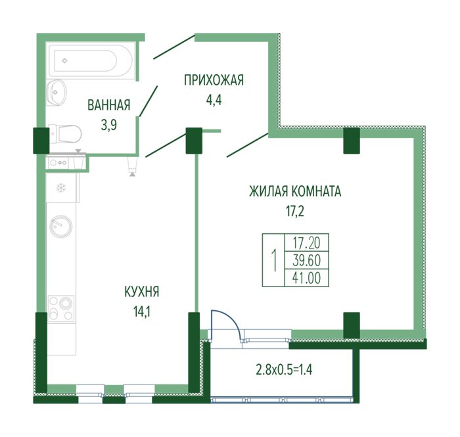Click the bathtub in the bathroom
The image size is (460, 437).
[x=91, y=60]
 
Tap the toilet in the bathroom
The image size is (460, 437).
[x=65, y=134]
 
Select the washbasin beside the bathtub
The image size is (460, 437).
[x=57, y=93]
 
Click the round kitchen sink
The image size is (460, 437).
[x=60, y=227]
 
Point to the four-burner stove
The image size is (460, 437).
[x=61, y=308]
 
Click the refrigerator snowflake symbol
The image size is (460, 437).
[x=61, y=187]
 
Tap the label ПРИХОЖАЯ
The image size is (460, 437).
[x=214, y=80]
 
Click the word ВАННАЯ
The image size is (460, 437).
[x=109, y=105]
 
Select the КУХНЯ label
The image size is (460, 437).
[x=142, y=292]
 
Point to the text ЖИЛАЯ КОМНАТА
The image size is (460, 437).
[x=295, y=191]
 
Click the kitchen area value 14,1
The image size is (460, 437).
[x=142, y=311]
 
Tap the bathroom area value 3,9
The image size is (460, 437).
[x=109, y=125]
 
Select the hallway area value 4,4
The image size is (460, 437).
[x=214, y=100]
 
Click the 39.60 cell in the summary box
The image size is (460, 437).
[x=307, y=260]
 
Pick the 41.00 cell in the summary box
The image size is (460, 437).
[x=307, y=278]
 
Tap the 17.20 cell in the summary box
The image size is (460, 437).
[x=307, y=243]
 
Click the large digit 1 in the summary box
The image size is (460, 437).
[x=274, y=260]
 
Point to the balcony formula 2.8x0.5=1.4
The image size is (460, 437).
[x=284, y=369]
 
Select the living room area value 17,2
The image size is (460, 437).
[x=295, y=211]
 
